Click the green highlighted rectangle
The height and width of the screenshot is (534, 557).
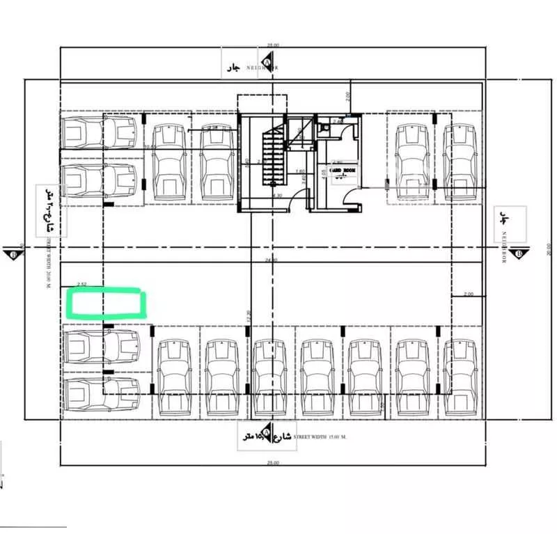107,305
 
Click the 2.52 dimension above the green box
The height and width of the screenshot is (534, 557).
82,284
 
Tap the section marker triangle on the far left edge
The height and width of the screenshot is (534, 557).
14,253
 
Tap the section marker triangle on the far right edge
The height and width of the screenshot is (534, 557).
520,253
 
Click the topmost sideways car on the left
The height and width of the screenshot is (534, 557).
99,131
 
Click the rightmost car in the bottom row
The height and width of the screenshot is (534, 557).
459,376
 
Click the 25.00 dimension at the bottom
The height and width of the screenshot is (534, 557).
272,464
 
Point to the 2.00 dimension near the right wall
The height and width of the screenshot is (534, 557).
468,294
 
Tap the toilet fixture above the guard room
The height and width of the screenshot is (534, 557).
324,129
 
